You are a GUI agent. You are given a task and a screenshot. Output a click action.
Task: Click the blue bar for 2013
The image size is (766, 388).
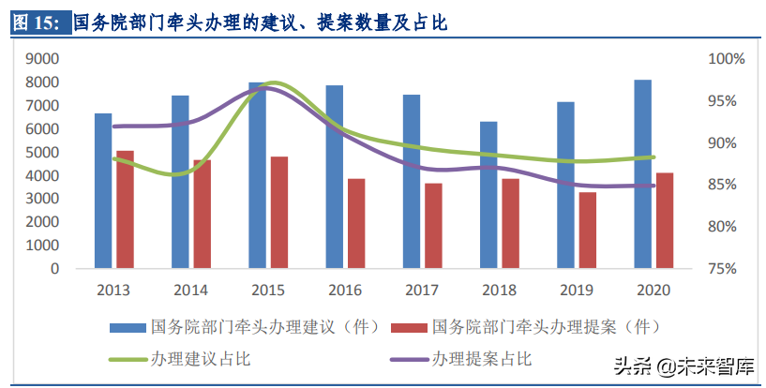tap(103, 191)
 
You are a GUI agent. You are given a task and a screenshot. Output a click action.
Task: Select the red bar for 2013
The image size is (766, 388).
tap(125, 210)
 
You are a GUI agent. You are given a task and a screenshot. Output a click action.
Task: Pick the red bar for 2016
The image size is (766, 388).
tap(356, 224)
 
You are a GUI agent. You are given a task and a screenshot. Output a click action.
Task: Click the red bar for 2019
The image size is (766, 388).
tap(588, 231)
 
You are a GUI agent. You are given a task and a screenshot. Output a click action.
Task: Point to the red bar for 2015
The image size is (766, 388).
tap(279, 213)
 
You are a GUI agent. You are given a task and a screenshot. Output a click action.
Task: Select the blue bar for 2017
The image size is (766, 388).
tap(412, 182)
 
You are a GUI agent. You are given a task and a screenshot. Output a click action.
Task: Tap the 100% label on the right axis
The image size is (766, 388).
tap(726, 59)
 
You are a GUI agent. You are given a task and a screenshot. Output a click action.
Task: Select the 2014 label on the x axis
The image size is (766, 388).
tap(191, 290)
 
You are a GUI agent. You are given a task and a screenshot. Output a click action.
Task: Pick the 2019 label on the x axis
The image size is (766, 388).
tap(577, 290)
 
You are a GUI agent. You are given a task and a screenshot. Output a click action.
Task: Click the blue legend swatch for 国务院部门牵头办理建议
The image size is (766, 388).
tap(128, 328)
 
